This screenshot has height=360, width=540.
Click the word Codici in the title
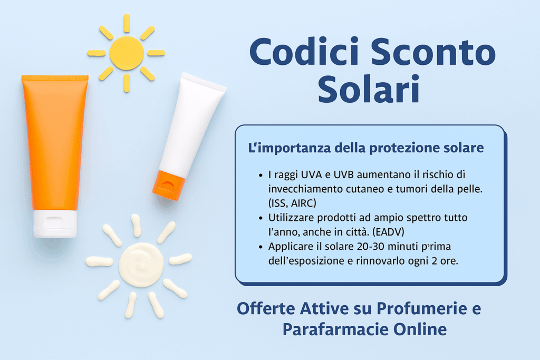coord(304,52)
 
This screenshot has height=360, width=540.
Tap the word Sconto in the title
coord(433,52)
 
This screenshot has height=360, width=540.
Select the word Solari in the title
coord(369,89)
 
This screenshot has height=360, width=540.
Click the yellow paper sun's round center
coord(127,53)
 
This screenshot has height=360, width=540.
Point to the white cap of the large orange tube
coord(55,223)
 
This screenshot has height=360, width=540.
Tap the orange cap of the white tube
coord(168,185)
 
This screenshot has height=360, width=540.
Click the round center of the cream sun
coord(141,265)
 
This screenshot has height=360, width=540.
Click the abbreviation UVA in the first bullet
coord(312,174)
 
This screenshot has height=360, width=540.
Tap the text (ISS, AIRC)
coord(292,203)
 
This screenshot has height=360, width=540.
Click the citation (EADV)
coord(389,231)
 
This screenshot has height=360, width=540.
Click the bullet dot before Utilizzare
coord(261,218)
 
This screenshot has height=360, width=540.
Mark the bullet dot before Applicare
coord(261,247)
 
